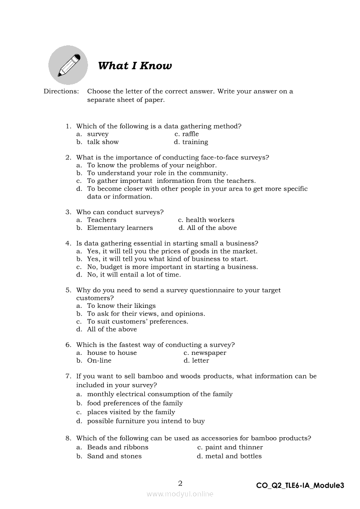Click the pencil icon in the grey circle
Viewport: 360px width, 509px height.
coord(68,65)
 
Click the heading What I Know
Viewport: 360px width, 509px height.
coord(135,66)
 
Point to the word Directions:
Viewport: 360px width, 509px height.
coord(61,91)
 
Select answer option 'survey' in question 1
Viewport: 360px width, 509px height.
coord(98,134)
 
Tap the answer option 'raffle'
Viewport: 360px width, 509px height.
coord(190,134)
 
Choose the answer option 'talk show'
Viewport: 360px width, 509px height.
coord(103,142)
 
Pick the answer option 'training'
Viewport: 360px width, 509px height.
coord(195,142)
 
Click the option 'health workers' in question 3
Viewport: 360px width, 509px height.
coord(210,220)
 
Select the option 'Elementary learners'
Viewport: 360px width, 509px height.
coord(120,228)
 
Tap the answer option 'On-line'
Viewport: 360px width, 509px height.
coord(99,361)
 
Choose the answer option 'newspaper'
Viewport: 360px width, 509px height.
coord(209,353)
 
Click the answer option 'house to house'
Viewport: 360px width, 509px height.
coord(112,353)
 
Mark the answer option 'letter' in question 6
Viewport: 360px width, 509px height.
coord(200,361)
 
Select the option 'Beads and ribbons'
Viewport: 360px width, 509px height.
coord(118,447)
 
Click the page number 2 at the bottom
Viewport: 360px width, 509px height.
coord(180,483)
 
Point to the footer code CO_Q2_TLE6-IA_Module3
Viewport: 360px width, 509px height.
coord(300,485)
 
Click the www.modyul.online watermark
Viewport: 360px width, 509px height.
coord(180,494)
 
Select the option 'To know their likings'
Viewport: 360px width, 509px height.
coord(121,306)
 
